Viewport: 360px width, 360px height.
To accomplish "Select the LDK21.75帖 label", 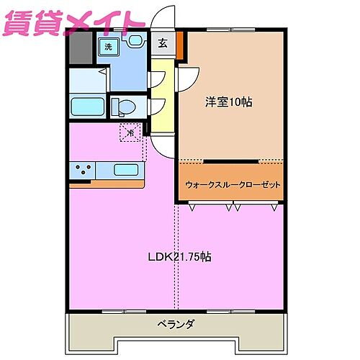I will [x=179, y=257].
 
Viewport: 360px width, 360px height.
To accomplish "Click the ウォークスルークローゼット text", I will [x=230, y=184].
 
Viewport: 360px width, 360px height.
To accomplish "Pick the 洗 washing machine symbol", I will [x=108, y=47].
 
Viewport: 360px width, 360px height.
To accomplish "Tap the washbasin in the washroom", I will [x=134, y=42].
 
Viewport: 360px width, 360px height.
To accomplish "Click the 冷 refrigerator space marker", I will [x=130, y=133].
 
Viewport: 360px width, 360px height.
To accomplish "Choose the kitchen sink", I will [x=127, y=171].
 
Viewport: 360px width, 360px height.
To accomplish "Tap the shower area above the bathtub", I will [x=89, y=80].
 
